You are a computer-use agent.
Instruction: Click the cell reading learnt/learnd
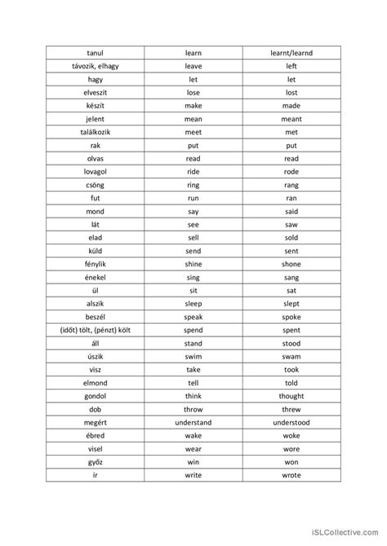[291, 54]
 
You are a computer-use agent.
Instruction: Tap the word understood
[291, 423]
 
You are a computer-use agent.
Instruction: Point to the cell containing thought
[291, 396]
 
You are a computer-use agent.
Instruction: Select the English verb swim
[193, 357]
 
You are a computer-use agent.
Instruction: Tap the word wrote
[291, 475]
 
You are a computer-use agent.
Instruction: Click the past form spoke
[291, 317]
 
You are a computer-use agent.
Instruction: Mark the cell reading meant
[291, 120]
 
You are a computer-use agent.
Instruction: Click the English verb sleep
[193, 304]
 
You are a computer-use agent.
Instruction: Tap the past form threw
[291, 409]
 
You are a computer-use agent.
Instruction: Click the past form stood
[291, 343]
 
